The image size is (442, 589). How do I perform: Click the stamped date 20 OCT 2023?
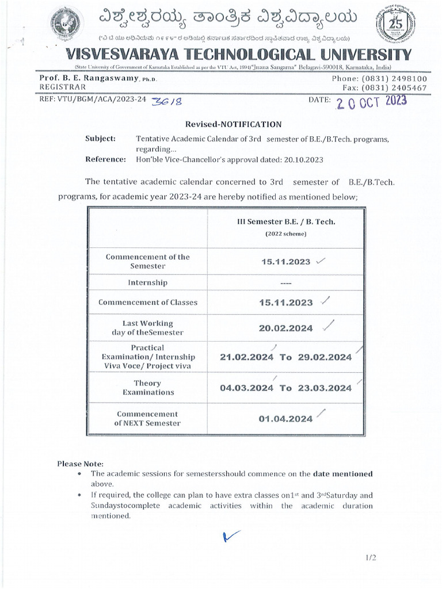[371, 102]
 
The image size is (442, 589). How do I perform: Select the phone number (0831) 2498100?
[395, 79]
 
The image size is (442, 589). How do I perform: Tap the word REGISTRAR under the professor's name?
[62, 87]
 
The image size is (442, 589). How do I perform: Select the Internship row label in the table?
[148, 282]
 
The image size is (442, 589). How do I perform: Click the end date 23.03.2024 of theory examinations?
[325, 388]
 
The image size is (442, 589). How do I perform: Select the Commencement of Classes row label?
[148, 302]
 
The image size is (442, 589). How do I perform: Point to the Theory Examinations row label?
[148, 387]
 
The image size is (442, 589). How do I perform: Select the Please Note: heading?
[81, 464]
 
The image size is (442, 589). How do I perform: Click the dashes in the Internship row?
[285, 283]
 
